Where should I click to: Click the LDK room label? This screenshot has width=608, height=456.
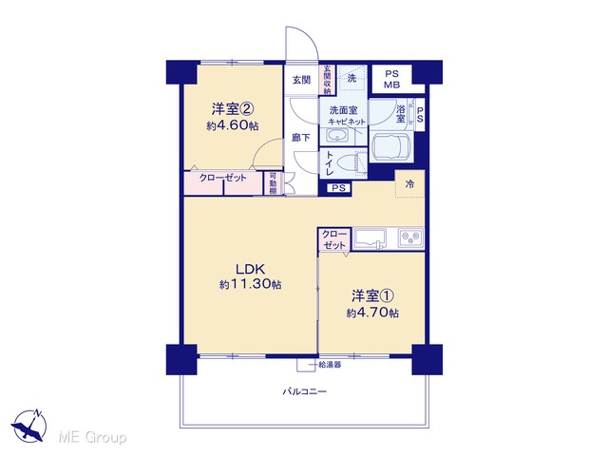click(x=251, y=268)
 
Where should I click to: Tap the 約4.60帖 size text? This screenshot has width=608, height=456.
click(x=233, y=125)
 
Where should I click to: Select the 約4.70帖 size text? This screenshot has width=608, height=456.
click(x=372, y=313)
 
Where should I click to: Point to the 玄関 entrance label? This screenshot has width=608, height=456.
click(x=301, y=80)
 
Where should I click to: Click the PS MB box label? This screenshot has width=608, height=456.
click(x=392, y=80)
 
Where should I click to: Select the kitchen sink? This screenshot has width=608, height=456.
click(x=370, y=237)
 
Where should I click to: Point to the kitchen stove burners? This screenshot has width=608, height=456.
click(x=411, y=237)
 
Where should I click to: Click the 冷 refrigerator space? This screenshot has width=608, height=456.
click(x=409, y=183)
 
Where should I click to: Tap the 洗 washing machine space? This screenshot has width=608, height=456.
click(x=351, y=78)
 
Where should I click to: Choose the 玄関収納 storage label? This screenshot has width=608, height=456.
click(x=327, y=80)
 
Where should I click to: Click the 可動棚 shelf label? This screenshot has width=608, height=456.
click(x=273, y=183)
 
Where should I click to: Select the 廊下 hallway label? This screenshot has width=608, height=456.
click(x=301, y=137)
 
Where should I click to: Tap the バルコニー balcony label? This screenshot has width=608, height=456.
click(x=304, y=391)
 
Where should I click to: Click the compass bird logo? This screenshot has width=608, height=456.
click(x=29, y=426)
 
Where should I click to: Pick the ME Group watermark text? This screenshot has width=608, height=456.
click(x=93, y=438)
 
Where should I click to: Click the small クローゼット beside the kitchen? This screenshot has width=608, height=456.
click(x=334, y=239)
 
